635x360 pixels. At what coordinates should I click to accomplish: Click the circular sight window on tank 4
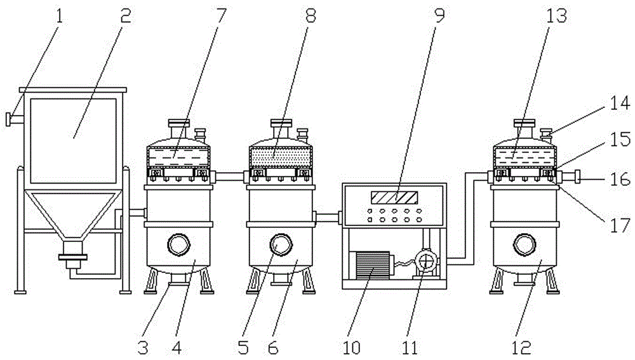point(178,243)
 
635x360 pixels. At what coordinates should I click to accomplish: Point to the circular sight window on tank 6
point(279,243)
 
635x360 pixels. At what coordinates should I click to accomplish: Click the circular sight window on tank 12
point(525,243)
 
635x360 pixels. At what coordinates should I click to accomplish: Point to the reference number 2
point(125,15)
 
